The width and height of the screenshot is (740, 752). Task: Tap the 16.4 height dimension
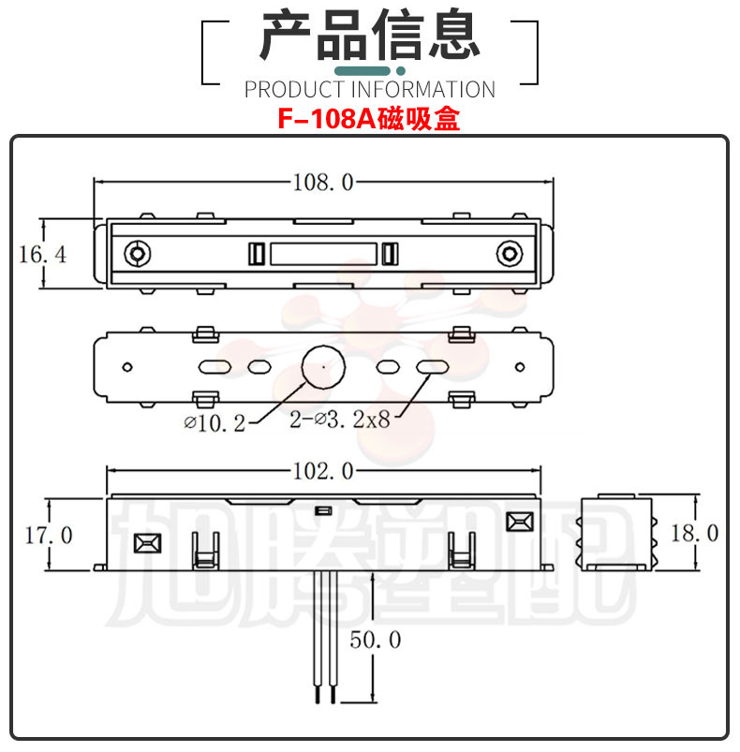pyautogui.click(x=42, y=253)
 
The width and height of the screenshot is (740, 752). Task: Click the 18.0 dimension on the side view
pyautogui.click(x=695, y=533)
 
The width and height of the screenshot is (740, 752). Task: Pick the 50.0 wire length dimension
pyautogui.click(x=375, y=640)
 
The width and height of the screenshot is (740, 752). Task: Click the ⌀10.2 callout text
pyautogui.click(x=215, y=423)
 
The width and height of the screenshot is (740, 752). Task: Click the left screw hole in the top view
pyautogui.click(x=138, y=254)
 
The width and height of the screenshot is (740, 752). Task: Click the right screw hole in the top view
pyautogui.click(x=510, y=254)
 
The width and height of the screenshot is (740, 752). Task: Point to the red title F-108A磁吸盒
pyautogui.click(x=369, y=120)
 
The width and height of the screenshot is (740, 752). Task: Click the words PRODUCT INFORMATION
pyautogui.click(x=369, y=90)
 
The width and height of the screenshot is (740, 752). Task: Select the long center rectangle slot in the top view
pyautogui.click(x=323, y=254)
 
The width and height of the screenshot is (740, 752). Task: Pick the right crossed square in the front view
pyautogui.click(x=518, y=521)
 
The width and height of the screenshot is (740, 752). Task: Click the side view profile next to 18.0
pyautogui.click(x=615, y=533)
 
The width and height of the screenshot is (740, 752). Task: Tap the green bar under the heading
pyautogui.click(x=369, y=70)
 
